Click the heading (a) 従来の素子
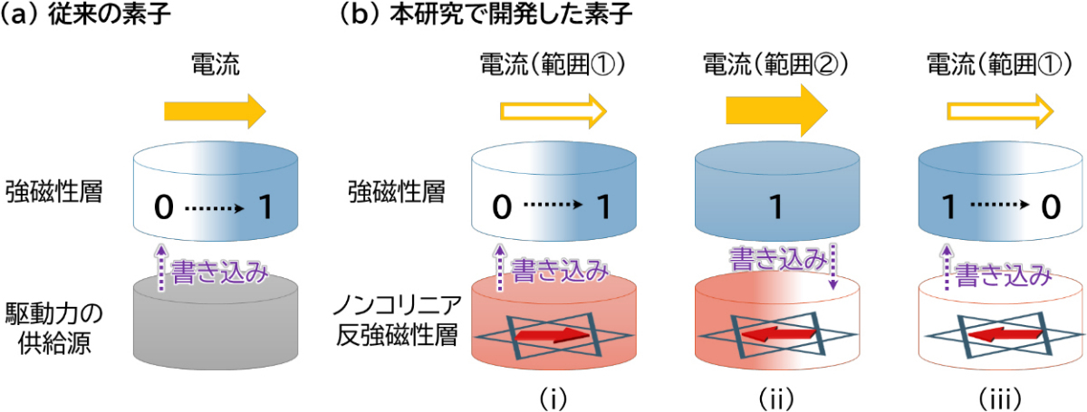tap(85, 14)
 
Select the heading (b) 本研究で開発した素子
tap(486, 14)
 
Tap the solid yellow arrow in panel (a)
tap(215, 111)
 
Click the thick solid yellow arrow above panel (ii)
tap(776, 110)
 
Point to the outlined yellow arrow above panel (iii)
tap(1000, 111)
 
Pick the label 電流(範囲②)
tap(775, 64)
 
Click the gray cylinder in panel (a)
tap(216, 322)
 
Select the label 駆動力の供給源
tap(53, 329)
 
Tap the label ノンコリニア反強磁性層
tap(397, 321)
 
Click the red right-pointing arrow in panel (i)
tap(552, 335)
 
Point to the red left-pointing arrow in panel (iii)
tap(1005, 334)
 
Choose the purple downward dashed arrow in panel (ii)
tap(832, 267)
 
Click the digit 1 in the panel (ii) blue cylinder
tap(776, 206)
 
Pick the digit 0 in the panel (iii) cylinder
tap(1051, 206)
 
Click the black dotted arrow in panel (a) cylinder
tap(215, 208)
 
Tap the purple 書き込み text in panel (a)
tap(219, 271)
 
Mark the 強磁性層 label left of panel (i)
tap(397, 192)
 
